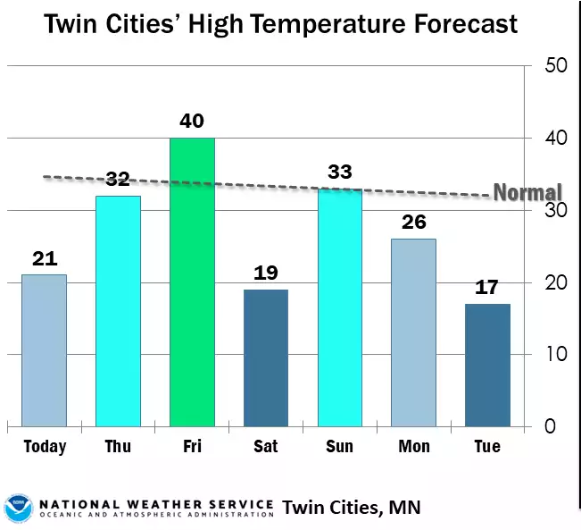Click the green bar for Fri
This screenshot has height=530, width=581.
coord(192,282)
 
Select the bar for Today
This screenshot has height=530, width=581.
coord(44,349)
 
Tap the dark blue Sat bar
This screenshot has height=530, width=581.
coord(265,358)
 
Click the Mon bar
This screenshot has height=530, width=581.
coord(413,332)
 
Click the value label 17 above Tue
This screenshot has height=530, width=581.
coord(487,288)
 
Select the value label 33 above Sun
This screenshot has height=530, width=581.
coord(339,172)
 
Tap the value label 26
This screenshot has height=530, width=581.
coord(413,222)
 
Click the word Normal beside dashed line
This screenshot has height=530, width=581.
coord(527,192)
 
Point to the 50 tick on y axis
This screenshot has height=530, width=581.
coord(556,66)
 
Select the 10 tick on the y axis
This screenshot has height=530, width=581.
coord(555,354)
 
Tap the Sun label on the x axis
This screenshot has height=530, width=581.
coord(339,446)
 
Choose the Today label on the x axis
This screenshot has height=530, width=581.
coord(45,446)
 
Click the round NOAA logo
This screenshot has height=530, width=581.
coord(18,507)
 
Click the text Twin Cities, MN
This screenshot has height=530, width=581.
coord(351,508)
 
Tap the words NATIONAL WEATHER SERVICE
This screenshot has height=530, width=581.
coord(155,502)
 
